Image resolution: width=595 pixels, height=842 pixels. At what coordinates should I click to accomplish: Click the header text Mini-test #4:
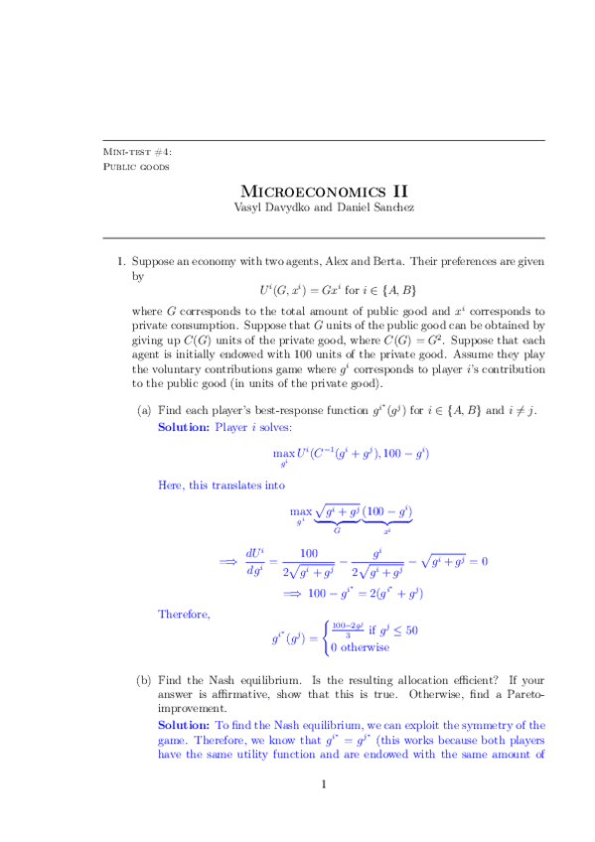click(x=138, y=151)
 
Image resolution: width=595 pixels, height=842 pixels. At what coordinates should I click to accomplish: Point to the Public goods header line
click(x=136, y=166)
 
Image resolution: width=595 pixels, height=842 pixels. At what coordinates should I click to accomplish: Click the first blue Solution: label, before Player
click(x=184, y=427)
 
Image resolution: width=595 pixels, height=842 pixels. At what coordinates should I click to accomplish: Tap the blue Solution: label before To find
click(x=184, y=726)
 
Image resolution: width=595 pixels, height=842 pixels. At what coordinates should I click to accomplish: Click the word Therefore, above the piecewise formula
click(x=184, y=614)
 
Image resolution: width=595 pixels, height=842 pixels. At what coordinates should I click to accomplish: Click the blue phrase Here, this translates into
click(x=221, y=486)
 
